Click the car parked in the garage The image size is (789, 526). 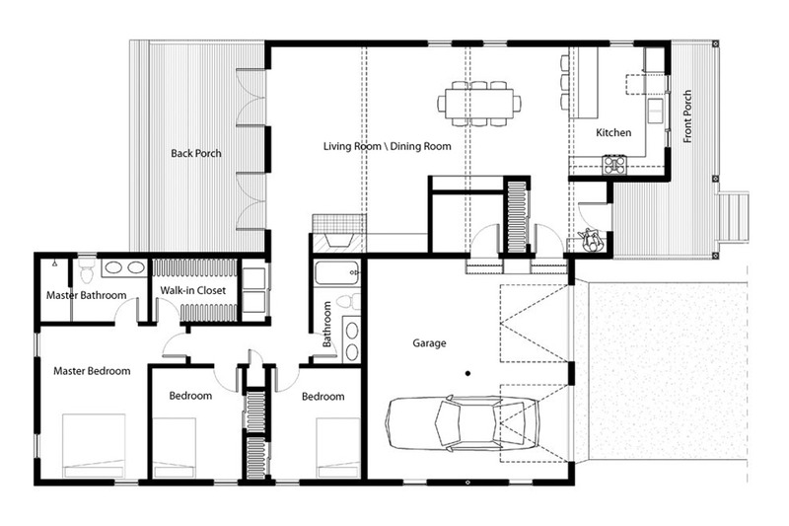pyautogui.click(x=462, y=425)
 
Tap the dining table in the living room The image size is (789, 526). pyautogui.click(x=479, y=103)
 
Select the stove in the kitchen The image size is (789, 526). pyautogui.click(x=614, y=164)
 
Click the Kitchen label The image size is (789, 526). pyautogui.click(x=613, y=133)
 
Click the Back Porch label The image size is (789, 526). pyautogui.click(x=195, y=153)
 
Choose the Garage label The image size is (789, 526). pyautogui.click(x=430, y=343)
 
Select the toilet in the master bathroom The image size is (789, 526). pyautogui.click(x=86, y=267)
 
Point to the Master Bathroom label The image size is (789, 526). pyautogui.click(x=86, y=296)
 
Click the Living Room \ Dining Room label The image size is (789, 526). pyautogui.click(x=387, y=146)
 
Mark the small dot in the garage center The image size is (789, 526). pyautogui.click(x=468, y=372)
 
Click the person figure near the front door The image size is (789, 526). pyautogui.click(x=592, y=240)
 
